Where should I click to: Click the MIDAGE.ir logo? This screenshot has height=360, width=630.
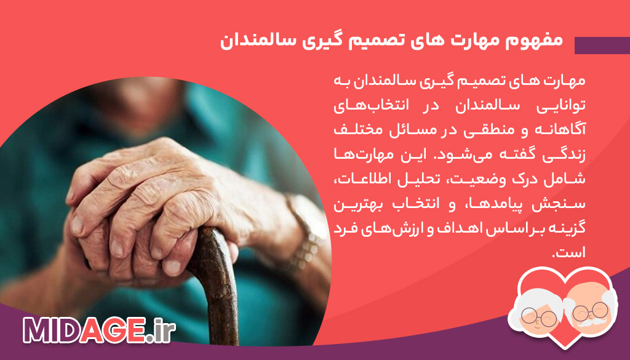coord(98,332)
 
